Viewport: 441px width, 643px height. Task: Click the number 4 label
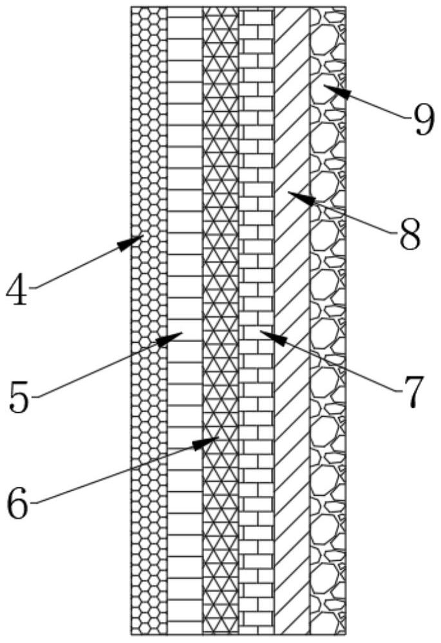17,291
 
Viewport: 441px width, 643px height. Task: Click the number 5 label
21,397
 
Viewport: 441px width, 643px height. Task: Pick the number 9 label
423,120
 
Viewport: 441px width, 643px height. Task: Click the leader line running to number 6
116,476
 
